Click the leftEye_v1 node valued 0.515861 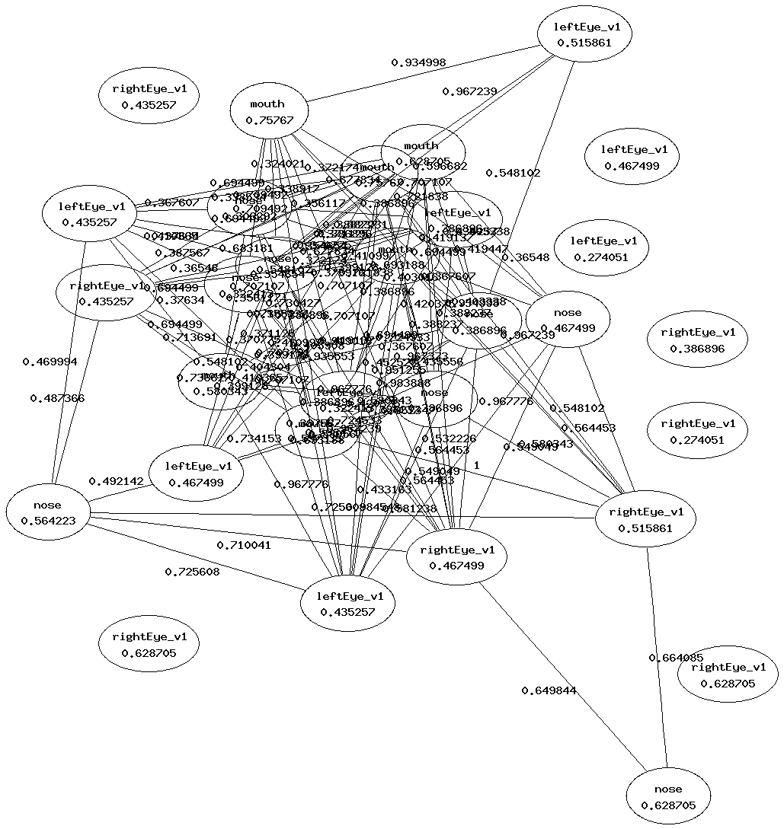point(584,34)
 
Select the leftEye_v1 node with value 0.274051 point(600,249)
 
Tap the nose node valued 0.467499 point(568,320)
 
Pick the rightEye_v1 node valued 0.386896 point(697,340)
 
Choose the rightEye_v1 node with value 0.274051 point(697,432)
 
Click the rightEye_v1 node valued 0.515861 point(646,520)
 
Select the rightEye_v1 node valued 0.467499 point(456,558)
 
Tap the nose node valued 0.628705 point(667,797)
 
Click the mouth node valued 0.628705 point(422,151)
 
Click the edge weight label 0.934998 point(418,62)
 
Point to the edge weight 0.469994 point(50,362)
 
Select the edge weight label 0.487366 point(57,398)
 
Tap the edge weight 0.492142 point(116,481)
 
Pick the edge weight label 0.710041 point(244,545)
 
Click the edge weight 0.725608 point(192,571)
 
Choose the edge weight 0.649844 point(549,690)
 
